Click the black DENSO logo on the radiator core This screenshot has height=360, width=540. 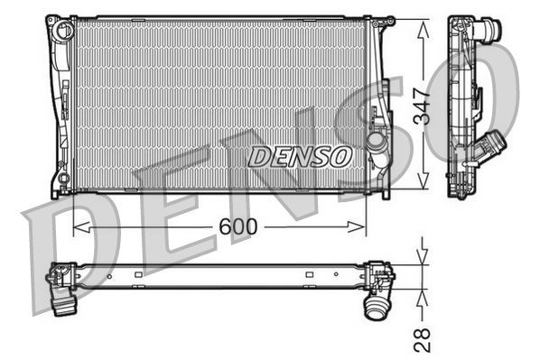[x=299, y=156]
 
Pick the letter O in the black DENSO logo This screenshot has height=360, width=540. [x=340, y=156]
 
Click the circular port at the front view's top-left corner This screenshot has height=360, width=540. [x=62, y=31]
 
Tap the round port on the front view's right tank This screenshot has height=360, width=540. [x=377, y=143]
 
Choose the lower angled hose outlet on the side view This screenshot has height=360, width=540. [x=494, y=145]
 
